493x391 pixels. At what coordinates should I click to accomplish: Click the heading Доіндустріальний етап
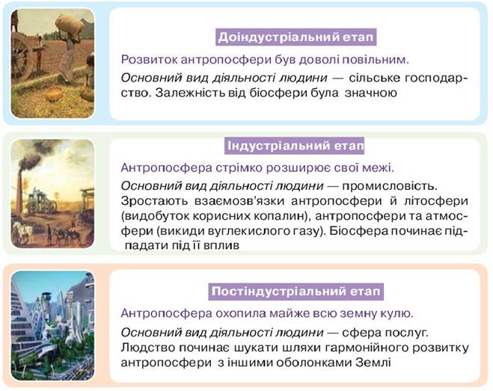[x=296, y=37]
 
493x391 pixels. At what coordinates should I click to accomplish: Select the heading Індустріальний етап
[x=296, y=146]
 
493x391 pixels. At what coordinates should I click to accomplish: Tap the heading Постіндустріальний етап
[x=296, y=292]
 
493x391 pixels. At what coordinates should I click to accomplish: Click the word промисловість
[x=390, y=186]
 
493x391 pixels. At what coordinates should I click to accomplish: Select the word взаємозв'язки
[x=239, y=201]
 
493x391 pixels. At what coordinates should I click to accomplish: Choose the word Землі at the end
[x=373, y=363]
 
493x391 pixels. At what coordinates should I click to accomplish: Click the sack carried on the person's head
[x=69, y=25]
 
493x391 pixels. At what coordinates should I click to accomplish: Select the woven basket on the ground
[x=54, y=94]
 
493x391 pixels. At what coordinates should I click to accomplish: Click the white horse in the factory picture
[x=22, y=232]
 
